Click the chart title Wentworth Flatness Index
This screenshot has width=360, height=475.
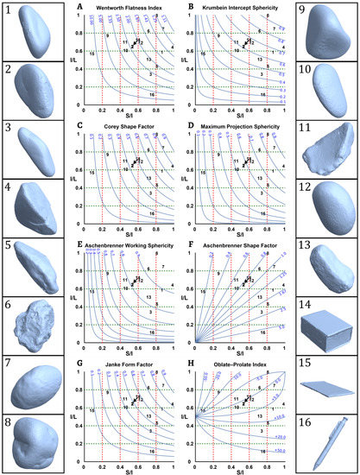(133, 8)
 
